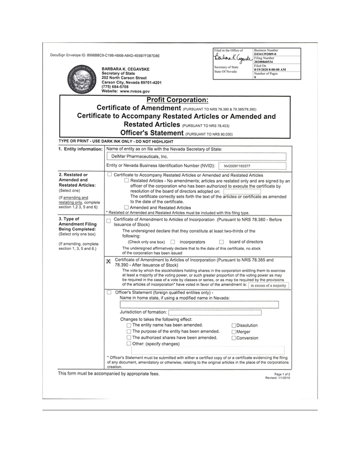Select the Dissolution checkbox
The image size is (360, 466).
click(x=233, y=325)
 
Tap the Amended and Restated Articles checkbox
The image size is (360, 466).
click(x=126, y=207)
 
